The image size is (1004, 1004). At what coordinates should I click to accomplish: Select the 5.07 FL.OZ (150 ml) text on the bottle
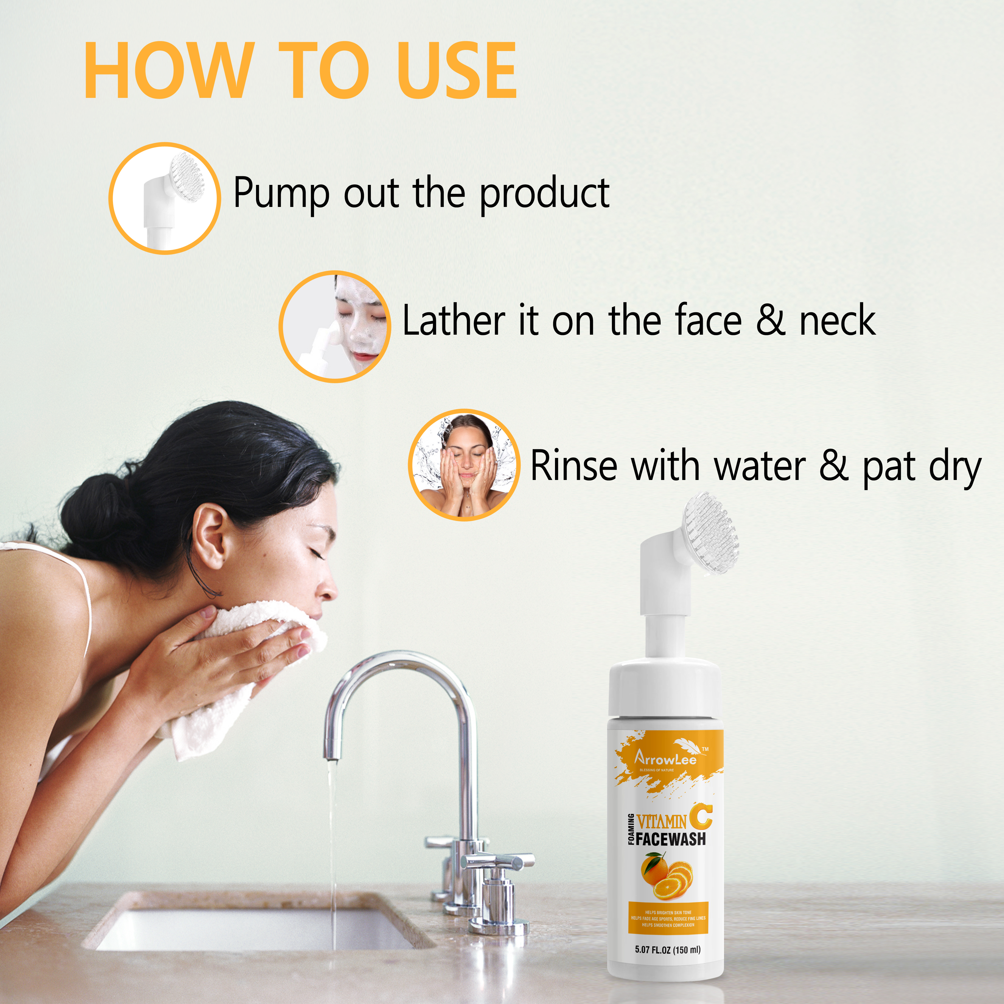[667, 949]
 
